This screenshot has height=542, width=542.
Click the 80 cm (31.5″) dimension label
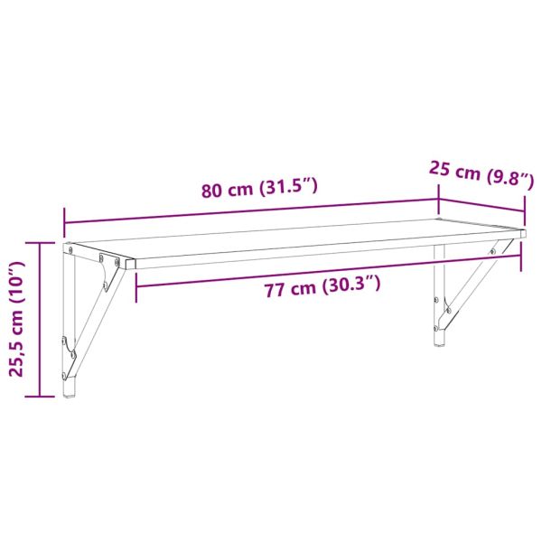point(260,190)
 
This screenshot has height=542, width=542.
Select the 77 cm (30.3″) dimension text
point(322,287)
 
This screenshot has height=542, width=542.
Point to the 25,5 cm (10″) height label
point(15,321)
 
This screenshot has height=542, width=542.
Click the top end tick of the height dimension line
point(41,242)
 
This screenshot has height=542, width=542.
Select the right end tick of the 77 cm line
point(521,257)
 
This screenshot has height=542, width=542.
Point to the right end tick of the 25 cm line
point(525,213)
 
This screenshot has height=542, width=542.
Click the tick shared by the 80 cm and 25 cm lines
point(439,198)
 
